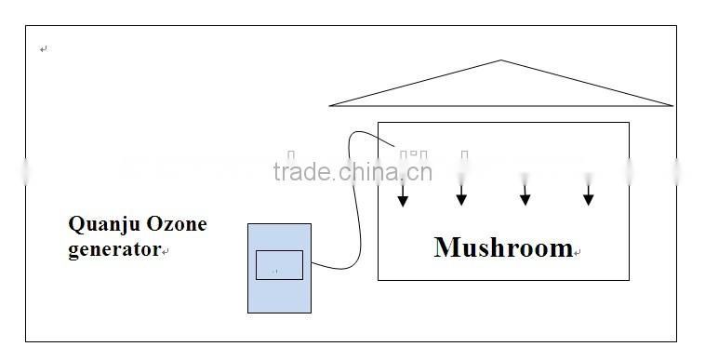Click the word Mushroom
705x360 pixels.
point(502,247)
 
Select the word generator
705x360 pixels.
point(114,249)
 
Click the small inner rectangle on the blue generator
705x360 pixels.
point(279,264)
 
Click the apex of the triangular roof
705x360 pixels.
point(501,61)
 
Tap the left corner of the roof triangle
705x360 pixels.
point(331,105)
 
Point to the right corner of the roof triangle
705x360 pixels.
point(671,105)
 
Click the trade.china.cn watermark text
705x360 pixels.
point(352,172)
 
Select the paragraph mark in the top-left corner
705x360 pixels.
point(44,49)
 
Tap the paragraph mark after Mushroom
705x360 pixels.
point(578,252)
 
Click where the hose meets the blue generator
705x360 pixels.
point(312,264)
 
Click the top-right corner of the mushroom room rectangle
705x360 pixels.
point(629,123)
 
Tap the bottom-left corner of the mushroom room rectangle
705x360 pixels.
point(379,278)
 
